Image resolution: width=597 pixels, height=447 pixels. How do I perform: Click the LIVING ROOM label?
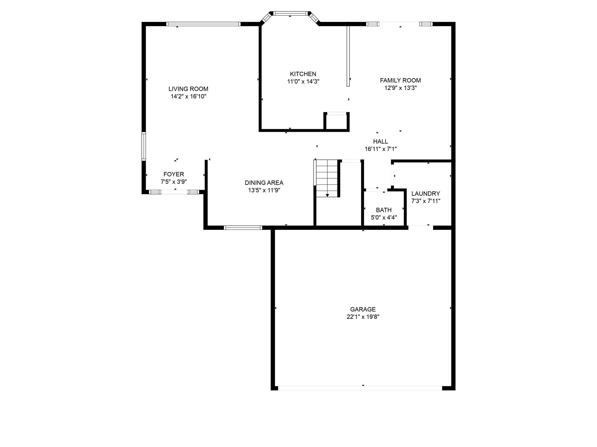(188, 89)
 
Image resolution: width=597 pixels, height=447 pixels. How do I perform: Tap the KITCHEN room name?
(303, 74)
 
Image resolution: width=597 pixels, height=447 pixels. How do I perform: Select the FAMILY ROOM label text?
(401, 80)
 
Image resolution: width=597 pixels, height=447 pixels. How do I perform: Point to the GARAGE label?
(363, 309)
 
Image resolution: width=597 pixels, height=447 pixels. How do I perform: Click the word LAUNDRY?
(426, 194)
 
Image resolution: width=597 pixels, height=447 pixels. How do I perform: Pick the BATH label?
(384, 210)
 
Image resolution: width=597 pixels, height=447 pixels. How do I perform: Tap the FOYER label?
(174, 174)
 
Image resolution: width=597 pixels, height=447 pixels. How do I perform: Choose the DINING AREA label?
(264, 183)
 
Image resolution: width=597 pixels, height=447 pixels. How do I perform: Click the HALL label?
(381, 141)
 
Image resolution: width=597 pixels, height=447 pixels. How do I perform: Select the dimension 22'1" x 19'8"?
(363, 317)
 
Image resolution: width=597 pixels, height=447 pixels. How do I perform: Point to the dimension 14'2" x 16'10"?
(189, 96)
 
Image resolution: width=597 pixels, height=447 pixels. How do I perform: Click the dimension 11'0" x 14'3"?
(303, 81)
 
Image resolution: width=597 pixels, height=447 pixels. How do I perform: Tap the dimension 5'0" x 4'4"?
(384, 217)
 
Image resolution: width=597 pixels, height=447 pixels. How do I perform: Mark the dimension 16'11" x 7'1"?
(381, 149)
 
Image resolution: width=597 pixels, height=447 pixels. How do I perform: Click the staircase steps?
(327, 178)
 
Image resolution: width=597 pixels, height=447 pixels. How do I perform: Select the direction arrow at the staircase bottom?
(327, 195)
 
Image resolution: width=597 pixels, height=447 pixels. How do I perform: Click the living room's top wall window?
(203, 24)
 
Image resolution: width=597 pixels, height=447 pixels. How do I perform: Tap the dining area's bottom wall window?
(243, 228)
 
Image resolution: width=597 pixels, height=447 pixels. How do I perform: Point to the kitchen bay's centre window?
(290, 13)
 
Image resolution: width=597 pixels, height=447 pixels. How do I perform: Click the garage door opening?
(360, 388)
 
